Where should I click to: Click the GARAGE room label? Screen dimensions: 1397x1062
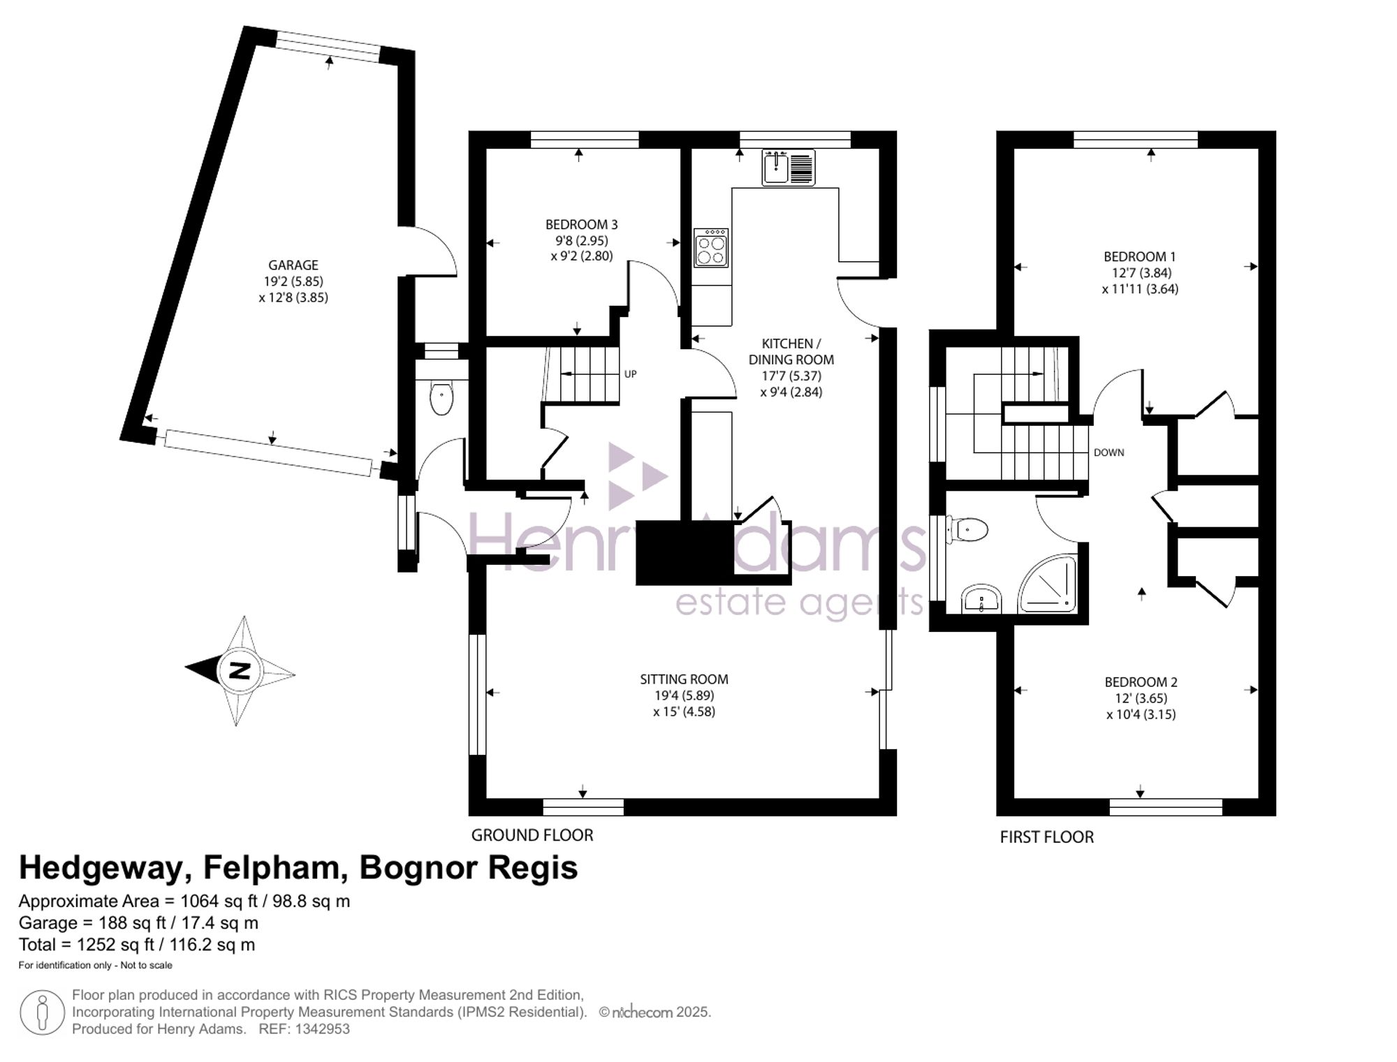tap(293, 265)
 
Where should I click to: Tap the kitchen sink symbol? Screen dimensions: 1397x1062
tap(789, 168)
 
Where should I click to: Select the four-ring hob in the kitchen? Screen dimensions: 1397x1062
tap(711, 248)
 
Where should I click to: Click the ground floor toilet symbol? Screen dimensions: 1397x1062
tap(441, 397)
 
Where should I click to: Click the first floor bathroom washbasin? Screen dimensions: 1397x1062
tap(981, 599)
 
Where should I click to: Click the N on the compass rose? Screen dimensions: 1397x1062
tap(240, 671)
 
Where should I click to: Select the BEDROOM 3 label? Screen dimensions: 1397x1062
tap(581, 225)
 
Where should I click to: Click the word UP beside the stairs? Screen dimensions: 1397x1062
tap(630, 374)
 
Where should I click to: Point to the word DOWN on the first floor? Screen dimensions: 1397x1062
tap(1109, 452)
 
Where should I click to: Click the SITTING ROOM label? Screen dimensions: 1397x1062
tap(684, 679)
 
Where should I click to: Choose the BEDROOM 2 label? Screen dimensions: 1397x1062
tap(1141, 682)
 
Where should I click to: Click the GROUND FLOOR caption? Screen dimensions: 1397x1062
tap(532, 835)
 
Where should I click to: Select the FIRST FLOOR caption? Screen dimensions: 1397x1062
tap(1047, 837)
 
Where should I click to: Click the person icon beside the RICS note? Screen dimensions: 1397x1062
tap(43, 1013)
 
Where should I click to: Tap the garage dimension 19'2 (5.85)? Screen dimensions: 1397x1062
tap(293, 281)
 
